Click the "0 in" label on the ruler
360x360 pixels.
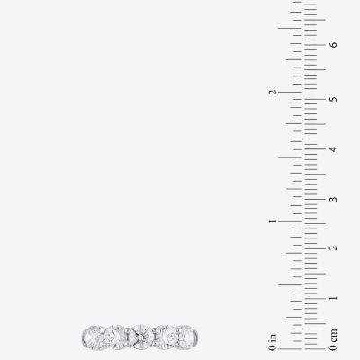click(x=273, y=342)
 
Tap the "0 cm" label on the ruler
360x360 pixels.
click(x=333, y=340)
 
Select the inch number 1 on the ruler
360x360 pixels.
click(x=273, y=221)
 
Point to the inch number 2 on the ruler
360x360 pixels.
click(x=273, y=92)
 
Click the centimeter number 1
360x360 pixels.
click(x=333, y=298)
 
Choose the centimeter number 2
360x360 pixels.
click(x=333, y=248)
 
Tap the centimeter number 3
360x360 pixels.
click(x=333, y=199)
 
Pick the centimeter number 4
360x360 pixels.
click(x=333, y=149)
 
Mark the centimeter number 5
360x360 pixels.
click(x=333, y=99)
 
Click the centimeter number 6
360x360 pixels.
click(x=333, y=45)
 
